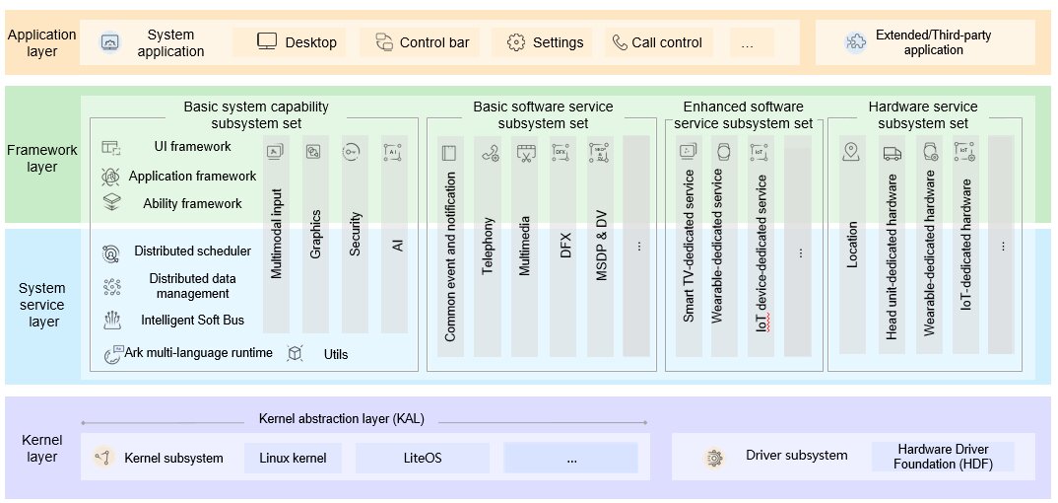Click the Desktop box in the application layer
[x=290, y=42]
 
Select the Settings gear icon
[x=516, y=42]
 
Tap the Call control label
[x=667, y=42]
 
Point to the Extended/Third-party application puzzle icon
[x=856, y=42]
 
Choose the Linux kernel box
[x=293, y=458]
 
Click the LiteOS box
[x=423, y=458]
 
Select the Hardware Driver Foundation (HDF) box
[x=943, y=457]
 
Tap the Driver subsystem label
[x=796, y=455]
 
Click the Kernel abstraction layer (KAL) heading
[x=342, y=418]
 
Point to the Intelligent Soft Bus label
[x=192, y=320]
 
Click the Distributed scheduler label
[x=192, y=251]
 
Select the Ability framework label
[x=192, y=203]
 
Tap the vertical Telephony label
[x=489, y=246]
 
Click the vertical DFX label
[x=565, y=245]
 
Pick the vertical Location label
[x=852, y=245]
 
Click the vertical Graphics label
[x=315, y=234]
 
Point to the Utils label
[x=336, y=354]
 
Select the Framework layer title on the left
[x=41, y=158]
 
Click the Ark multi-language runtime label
[x=198, y=352]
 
